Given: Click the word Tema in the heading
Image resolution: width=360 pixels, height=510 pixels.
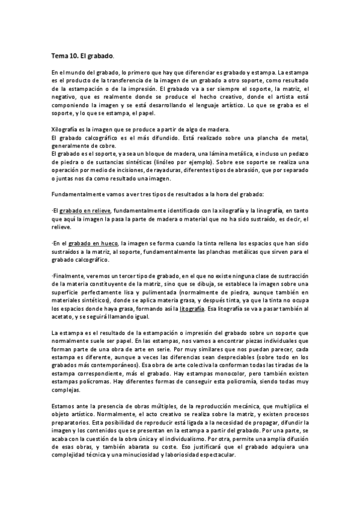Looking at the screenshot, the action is click(x=60, y=55).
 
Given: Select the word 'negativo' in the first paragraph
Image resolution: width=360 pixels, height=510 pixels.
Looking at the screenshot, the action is click(x=64, y=96).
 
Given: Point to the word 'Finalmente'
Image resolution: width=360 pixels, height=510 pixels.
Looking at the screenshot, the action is click(x=67, y=275).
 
